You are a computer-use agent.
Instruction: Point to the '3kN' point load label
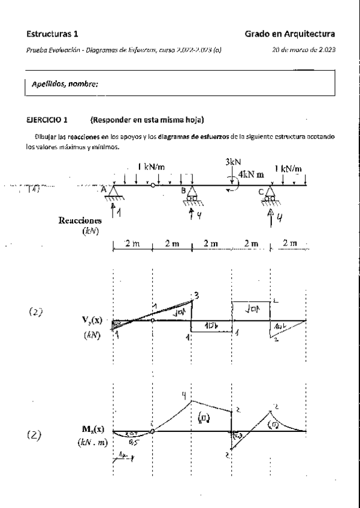tap(234, 162)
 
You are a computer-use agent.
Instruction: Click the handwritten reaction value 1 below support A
tap(119, 211)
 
